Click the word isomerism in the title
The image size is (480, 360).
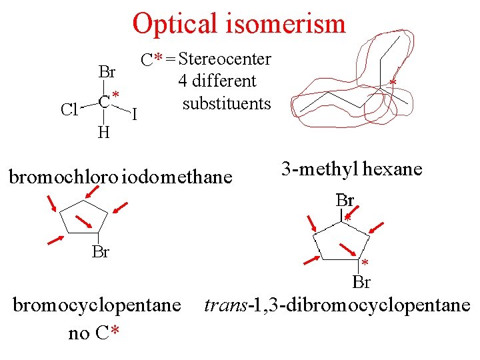click(x=291, y=24)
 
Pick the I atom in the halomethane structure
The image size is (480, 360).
click(x=135, y=115)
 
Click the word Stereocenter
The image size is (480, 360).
click(x=225, y=59)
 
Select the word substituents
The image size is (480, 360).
click(x=227, y=104)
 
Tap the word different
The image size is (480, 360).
click(x=217, y=81)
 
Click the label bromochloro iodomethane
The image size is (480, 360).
click(x=120, y=177)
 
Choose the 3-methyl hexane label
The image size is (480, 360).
click(x=351, y=169)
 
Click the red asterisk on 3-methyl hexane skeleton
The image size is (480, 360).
click(x=393, y=83)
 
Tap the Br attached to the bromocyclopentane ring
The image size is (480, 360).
click(x=101, y=252)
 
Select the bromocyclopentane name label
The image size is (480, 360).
click(x=97, y=305)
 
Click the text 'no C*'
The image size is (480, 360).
click(x=94, y=333)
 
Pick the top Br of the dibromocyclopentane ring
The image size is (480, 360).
click(x=345, y=200)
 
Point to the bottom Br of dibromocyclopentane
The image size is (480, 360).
click(x=361, y=282)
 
